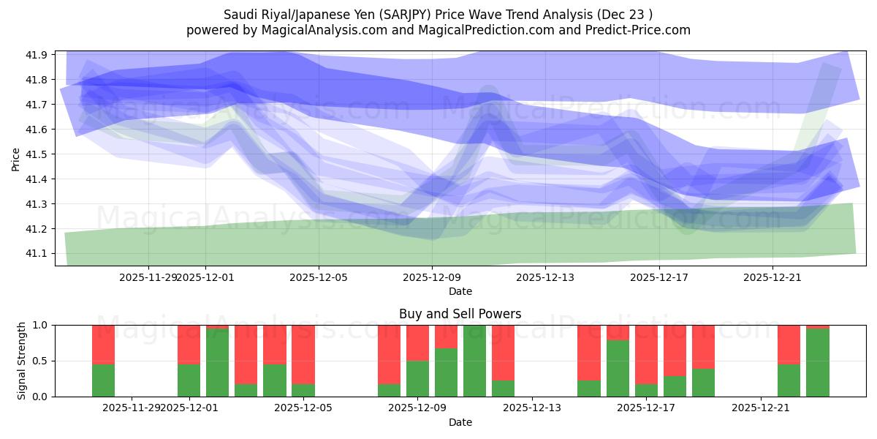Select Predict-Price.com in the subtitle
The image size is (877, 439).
635,30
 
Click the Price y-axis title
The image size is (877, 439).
16,158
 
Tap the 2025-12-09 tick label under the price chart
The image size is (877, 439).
432,277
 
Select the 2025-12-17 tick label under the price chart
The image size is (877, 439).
659,277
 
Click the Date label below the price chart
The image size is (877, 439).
460,291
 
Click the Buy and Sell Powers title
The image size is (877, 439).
460,314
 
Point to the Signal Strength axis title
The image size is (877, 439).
22,360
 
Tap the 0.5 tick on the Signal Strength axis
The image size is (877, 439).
41,361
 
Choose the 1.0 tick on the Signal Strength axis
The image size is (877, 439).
41,325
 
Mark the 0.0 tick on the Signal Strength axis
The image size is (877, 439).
41,397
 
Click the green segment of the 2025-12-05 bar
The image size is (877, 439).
303,390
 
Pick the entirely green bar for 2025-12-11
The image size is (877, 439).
474,361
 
